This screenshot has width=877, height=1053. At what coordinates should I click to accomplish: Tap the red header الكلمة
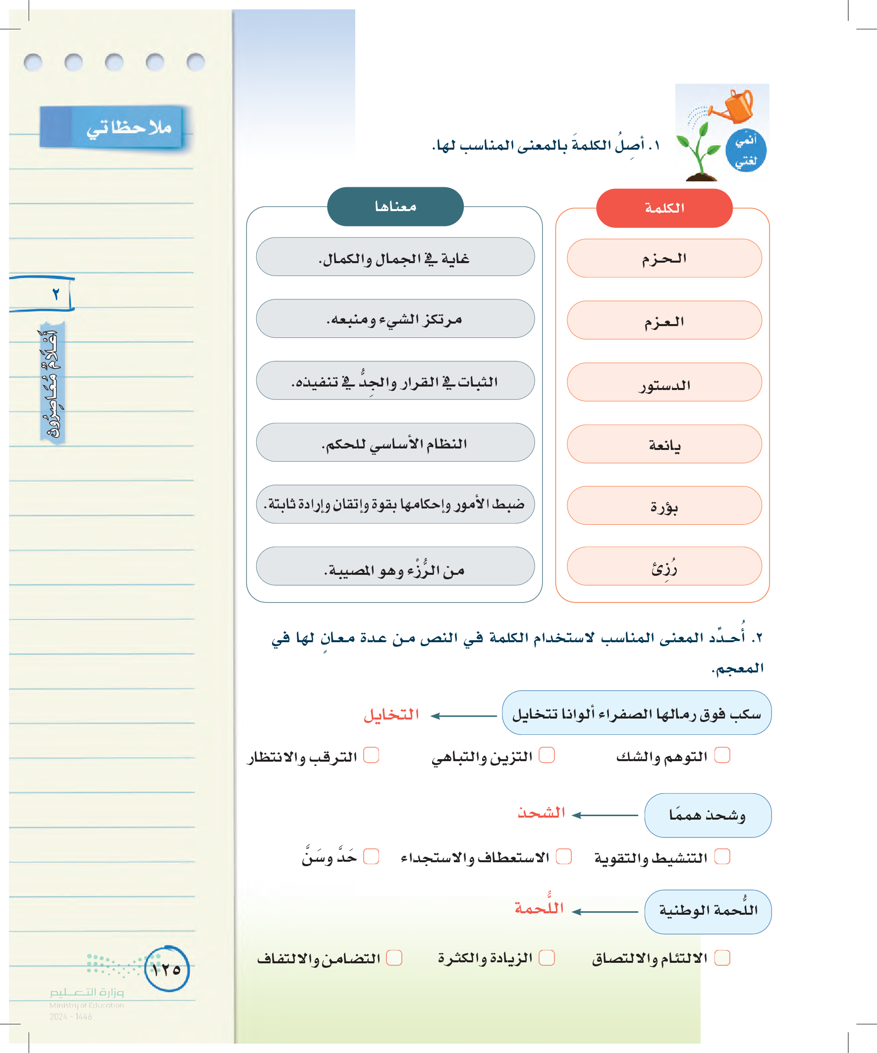click(x=664, y=208)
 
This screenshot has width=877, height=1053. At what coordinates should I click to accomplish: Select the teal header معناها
click(x=395, y=207)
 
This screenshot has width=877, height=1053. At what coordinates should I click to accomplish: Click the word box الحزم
click(x=664, y=258)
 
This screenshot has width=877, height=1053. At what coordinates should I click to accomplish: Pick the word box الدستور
click(x=664, y=383)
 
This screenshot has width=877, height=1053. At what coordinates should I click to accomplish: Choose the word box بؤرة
click(x=664, y=505)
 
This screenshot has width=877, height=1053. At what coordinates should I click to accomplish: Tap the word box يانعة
click(x=664, y=444)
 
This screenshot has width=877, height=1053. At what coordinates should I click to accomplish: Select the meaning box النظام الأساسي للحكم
click(x=395, y=443)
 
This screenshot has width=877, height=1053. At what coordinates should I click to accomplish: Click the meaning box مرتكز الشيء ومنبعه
click(x=395, y=319)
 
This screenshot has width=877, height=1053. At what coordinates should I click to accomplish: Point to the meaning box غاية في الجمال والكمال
click(x=395, y=257)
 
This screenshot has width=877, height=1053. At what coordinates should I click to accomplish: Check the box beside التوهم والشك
click(x=722, y=755)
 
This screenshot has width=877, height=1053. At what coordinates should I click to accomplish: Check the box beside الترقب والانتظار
click(x=371, y=755)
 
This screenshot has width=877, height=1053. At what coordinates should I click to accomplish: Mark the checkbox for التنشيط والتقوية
click(x=722, y=856)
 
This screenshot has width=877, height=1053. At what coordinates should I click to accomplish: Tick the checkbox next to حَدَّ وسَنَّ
click(x=371, y=856)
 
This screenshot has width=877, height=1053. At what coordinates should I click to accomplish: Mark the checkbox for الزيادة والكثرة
click(x=547, y=958)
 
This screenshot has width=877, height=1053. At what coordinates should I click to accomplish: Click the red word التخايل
click(x=391, y=715)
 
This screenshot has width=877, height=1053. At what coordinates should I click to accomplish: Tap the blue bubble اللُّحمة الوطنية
click(x=708, y=912)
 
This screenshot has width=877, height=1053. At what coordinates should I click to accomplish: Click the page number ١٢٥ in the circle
click(x=166, y=969)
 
